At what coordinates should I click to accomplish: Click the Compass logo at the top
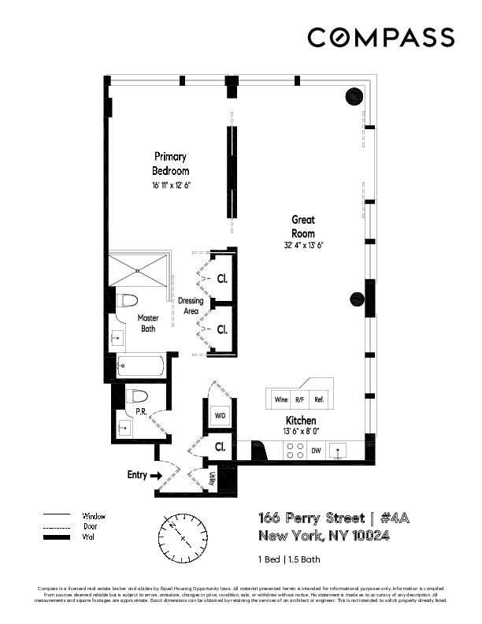tap(380, 37)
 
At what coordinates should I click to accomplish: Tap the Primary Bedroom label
tap(171, 164)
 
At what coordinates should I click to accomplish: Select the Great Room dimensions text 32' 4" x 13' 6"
tap(303, 245)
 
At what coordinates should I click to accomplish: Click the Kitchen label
tap(301, 421)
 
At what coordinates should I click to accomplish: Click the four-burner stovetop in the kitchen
tap(295, 451)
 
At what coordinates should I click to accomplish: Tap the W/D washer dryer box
tap(221, 415)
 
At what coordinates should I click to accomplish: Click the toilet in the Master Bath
tap(128, 300)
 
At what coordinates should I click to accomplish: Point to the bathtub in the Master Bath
tap(141, 366)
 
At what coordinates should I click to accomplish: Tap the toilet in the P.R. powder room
tap(139, 396)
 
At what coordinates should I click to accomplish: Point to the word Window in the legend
tap(94, 516)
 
